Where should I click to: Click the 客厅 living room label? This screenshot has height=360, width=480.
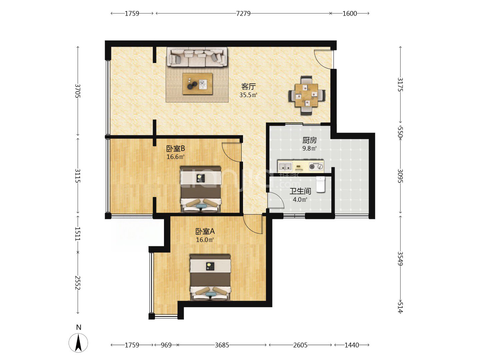click(248, 87)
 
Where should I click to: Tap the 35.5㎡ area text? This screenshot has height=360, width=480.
click(248, 95)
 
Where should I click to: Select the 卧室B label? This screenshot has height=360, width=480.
click(175, 149)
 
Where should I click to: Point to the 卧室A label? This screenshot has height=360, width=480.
click(205, 231)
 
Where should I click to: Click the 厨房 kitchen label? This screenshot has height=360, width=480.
click(309, 140)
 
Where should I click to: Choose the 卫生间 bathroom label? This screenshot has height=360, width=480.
click(300, 191)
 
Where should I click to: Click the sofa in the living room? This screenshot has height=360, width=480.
click(197, 57)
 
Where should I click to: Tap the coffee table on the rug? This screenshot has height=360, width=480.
click(198, 84)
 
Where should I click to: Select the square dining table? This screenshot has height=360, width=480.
click(306, 95)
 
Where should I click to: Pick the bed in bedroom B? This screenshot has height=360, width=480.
click(201, 189)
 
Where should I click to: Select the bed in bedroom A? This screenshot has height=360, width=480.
click(210, 277)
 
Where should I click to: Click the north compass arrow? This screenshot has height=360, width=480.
click(78, 343)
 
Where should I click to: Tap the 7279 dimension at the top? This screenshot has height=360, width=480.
click(243, 14)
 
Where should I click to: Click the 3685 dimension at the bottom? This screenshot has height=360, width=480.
click(222, 345)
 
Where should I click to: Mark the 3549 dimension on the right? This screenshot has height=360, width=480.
click(400, 259)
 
